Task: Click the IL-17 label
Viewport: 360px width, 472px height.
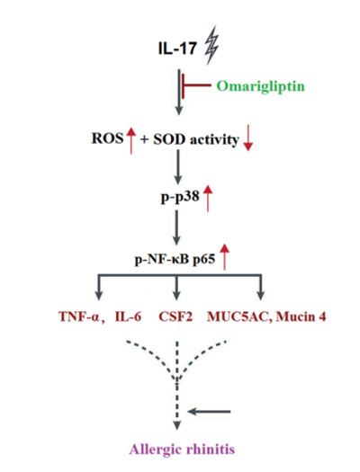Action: pyautogui.click(x=177, y=49)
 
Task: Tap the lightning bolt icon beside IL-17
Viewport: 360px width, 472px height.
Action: pyautogui.click(x=211, y=45)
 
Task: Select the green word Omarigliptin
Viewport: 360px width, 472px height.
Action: pyautogui.click(x=261, y=86)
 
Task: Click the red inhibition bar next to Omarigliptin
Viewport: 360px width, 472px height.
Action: pyautogui.click(x=196, y=85)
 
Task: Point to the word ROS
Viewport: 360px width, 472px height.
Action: pyautogui.click(x=107, y=138)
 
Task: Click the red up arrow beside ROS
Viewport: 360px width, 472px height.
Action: pyautogui.click(x=130, y=140)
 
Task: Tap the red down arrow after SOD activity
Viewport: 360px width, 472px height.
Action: pyautogui.click(x=247, y=138)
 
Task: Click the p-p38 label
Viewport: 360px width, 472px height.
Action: pyautogui.click(x=180, y=197)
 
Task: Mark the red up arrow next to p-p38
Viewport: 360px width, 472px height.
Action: pyautogui.click(x=208, y=199)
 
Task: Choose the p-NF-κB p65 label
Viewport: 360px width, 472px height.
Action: pyautogui.click(x=175, y=259)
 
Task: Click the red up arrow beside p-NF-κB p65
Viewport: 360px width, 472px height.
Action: pyautogui.click(x=224, y=257)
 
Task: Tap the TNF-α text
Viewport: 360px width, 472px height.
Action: pyautogui.click(x=80, y=316)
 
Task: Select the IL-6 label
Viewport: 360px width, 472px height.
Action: pyautogui.click(x=128, y=316)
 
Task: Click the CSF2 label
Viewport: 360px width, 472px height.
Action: pyautogui.click(x=175, y=316)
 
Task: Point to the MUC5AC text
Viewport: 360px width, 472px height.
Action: pyautogui.click(x=238, y=317)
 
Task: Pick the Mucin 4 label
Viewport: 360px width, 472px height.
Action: pyautogui.click(x=301, y=316)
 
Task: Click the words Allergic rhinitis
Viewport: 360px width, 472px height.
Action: pyautogui.click(x=182, y=450)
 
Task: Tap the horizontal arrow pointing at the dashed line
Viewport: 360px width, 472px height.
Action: pyautogui.click(x=209, y=411)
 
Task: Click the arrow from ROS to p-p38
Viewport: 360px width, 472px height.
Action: pyautogui.click(x=178, y=167)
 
